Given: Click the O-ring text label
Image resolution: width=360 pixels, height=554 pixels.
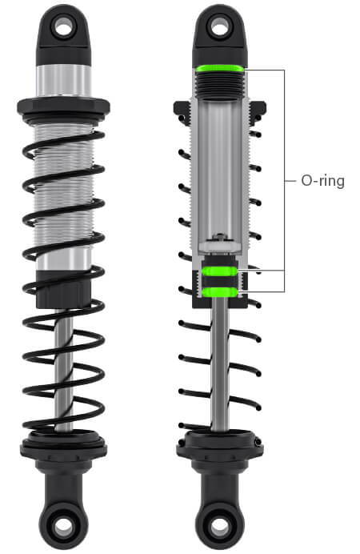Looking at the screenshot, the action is pyautogui.click(x=322, y=181).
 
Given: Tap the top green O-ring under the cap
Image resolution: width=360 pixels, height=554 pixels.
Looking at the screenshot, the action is pyautogui.click(x=220, y=69).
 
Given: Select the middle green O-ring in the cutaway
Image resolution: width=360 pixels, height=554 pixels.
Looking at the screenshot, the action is pyautogui.click(x=219, y=271).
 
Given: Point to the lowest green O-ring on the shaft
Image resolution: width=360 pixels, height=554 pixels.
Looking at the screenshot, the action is pyautogui.click(x=219, y=292).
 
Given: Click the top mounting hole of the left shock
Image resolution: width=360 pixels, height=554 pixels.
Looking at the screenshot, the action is pyautogui.click(x=63, y=27).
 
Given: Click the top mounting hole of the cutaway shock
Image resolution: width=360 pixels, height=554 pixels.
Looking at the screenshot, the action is pyautogui.click(x=219, y=27).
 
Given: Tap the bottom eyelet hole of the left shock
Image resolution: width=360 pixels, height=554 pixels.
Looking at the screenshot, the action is pyautogui.click(x=63, y=527).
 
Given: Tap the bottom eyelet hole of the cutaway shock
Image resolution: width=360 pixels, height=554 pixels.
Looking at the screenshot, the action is pyautogui.click(x=219, y=527).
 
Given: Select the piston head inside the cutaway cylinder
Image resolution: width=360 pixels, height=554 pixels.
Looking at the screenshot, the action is pyautogui.click(x=219, y=245).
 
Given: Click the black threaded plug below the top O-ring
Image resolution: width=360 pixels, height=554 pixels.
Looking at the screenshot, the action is pyautogui.click(x=220, y=86).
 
